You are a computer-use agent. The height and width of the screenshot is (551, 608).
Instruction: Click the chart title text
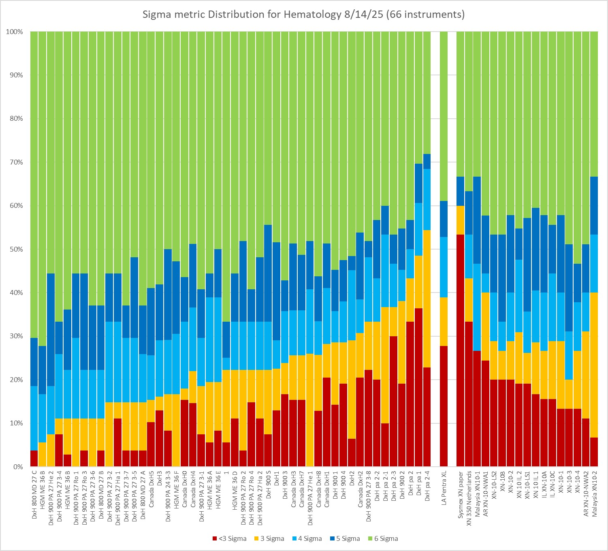(x=304, y=15)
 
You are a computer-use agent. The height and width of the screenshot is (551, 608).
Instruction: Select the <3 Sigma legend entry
(x=229, y=538)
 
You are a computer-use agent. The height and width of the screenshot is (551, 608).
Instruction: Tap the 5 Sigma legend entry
(x=346, y=538)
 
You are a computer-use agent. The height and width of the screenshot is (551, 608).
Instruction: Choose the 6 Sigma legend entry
(x=384, y=538)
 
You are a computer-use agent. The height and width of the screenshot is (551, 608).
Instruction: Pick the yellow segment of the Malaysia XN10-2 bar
(x=593, y=365)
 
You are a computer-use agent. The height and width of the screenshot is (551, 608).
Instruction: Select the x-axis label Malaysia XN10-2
(x=594, y=492)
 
